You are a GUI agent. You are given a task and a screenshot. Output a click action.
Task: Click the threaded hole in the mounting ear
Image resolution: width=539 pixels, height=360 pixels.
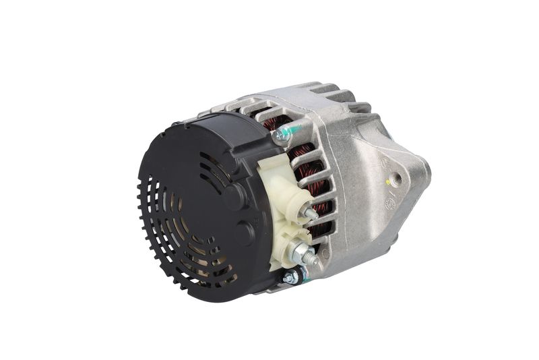(x=397, y=179)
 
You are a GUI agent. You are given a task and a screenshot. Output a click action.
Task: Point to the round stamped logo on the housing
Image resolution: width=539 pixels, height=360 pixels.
(x=389, y=203)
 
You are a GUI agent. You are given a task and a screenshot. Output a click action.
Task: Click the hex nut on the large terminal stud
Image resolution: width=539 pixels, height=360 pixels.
(x=299, y=253)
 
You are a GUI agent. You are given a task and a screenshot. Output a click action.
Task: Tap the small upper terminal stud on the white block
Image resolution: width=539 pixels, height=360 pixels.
(x=312, y=214)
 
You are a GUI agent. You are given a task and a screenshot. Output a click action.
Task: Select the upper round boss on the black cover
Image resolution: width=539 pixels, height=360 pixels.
(x=235, y=196)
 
